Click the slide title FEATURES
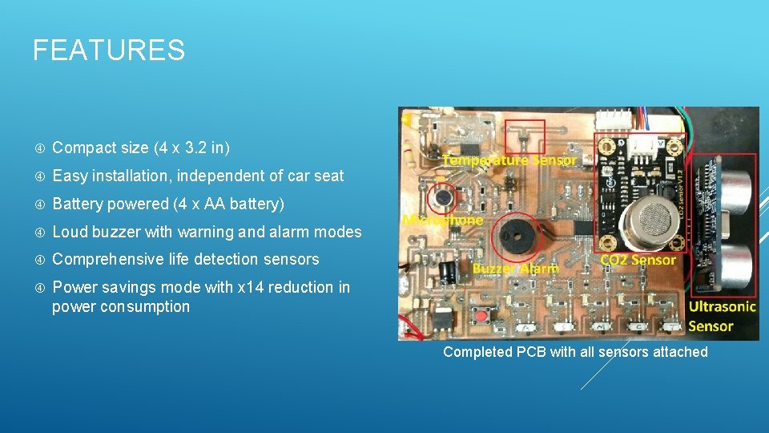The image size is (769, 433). [108, 51]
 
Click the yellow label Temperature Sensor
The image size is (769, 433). [509, 160]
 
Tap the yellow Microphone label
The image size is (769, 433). [443, 220]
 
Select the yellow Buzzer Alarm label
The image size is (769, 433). [515, 269]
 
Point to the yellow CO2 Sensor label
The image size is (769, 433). [638, 260]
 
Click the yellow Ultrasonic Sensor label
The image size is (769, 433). [722, 316]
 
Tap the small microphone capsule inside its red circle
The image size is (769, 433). [441, 195]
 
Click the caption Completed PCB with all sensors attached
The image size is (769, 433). [575, 352]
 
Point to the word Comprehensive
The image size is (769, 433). [104, 259]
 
